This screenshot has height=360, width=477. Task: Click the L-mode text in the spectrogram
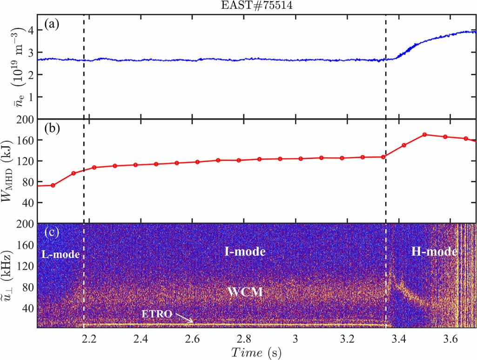point(58,255)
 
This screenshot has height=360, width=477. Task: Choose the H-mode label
point(434,252)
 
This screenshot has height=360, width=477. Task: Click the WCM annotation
point(245,292)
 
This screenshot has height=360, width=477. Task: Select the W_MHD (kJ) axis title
point(11,171)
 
